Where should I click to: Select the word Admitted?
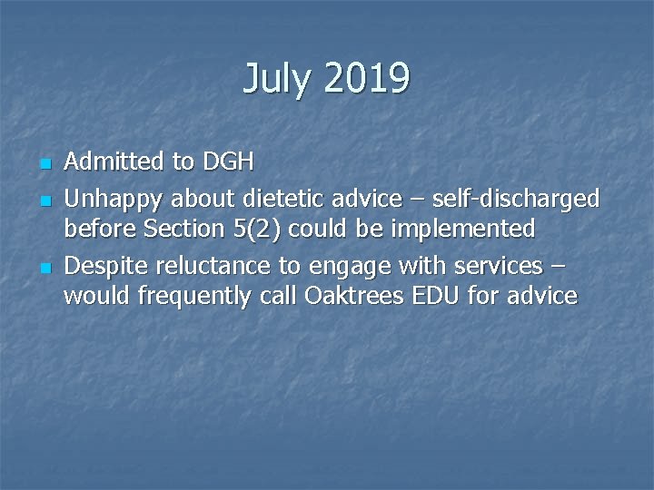[115, 162]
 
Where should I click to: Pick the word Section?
[187, 230]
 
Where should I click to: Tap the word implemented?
[463, 230]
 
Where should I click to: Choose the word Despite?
[106, 265]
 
